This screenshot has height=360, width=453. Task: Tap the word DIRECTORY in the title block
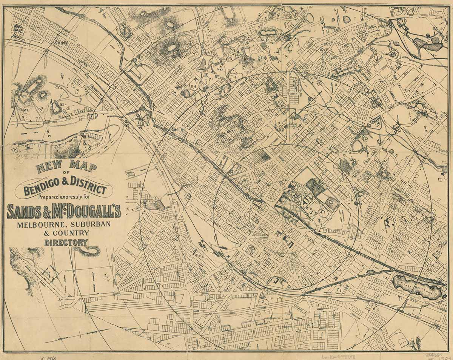[x=66, y=243]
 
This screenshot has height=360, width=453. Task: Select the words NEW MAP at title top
[x=66, y=167]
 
